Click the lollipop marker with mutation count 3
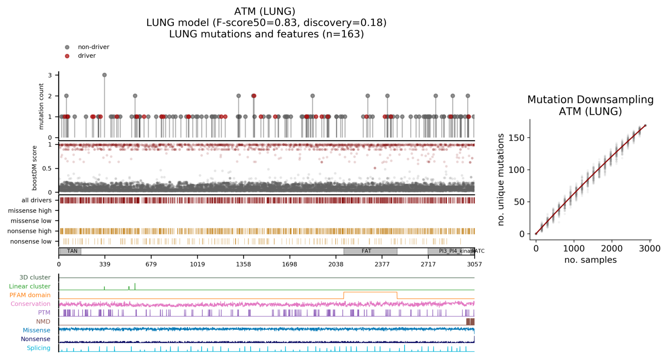(104, 75)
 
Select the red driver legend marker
(67, 56)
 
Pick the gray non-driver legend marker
(67, 47)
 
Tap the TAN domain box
(70, 251)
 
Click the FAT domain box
(370, 251)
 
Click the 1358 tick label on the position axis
(243, 264)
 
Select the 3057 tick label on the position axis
(474, 264)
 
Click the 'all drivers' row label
(36, 200)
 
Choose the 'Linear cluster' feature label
(30, 286)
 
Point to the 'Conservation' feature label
(31, 304)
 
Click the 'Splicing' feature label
(39, 348)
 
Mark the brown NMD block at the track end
(470, 321)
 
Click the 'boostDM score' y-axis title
(35, 168)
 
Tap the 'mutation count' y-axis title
(41, 106)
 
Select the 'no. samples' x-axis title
(590, 260)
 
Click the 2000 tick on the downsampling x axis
(611, 249)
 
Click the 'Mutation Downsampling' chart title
(590, 99)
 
